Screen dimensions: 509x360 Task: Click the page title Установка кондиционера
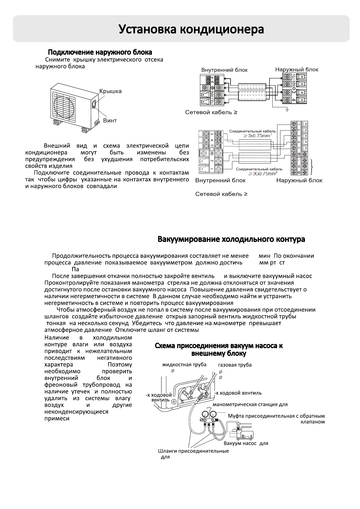point(191,29)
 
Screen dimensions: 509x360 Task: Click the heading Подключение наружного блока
point(100,52)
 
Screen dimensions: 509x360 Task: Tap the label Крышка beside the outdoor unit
point(110,91)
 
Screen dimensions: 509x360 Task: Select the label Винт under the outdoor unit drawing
point(110,120)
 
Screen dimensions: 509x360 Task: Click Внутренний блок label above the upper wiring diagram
point(224,70)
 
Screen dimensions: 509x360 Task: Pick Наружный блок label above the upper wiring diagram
point(296,70)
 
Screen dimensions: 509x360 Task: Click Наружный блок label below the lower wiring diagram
point(299,180)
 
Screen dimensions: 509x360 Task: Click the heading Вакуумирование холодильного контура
point(231,239)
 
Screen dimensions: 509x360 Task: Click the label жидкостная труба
point(184,365)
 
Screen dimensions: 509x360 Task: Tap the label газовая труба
point(235,365)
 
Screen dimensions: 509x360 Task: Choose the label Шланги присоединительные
point(193,451)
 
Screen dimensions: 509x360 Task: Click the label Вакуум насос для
point(246,443)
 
